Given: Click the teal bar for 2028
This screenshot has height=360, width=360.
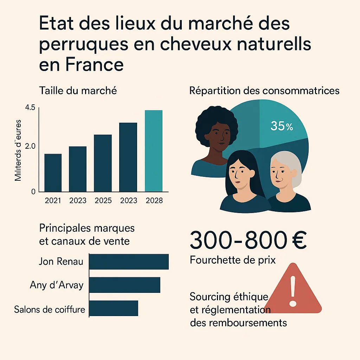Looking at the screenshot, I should [x=154, y=151].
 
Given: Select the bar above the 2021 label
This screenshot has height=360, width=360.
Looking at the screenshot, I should [x=53, y=173].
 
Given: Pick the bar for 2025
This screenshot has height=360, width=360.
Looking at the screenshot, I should [x=103, y=163].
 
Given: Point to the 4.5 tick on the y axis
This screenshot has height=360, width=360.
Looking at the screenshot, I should [x=31, y=108].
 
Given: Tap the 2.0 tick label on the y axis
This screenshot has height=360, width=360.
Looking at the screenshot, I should [x=31, y=146].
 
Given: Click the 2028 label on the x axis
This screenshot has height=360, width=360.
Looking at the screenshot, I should [x=154, y=200].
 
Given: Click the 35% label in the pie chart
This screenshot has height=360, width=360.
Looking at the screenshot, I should [x=281, y=126].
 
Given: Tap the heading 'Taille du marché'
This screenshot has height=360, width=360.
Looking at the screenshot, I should [x=78, y=91].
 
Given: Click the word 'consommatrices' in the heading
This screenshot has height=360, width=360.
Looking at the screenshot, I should [x=301, y=91].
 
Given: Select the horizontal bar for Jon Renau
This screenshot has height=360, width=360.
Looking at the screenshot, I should [x=129, y=262].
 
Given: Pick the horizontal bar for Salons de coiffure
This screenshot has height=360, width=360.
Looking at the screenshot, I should [x=114, y=308].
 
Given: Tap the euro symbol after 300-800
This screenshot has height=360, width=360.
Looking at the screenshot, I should [x=299, y=240].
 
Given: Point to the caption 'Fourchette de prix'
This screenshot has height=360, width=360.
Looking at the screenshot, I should [x=233, y=260].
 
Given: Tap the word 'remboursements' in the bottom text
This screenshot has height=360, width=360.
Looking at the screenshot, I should [x=238, y=322].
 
